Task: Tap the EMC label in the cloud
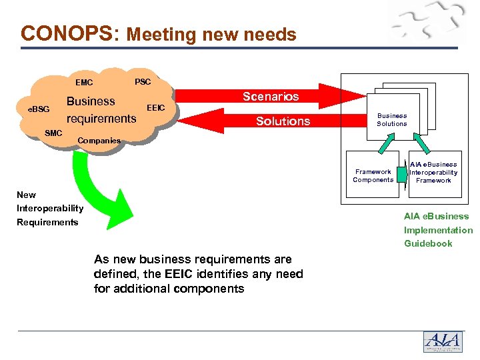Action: tap(84, 83)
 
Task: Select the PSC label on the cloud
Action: tap(143, 82)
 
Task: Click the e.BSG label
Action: tap(38, 109)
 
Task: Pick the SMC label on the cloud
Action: tap(53, 133)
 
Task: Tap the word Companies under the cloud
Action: tap(99, 141)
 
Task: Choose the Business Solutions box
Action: tap(391, 119)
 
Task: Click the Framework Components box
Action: tap(373, 175)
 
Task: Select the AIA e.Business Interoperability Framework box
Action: tap(433, 173)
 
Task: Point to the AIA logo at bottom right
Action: tap(442, 341)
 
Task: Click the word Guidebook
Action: tap(428, 243)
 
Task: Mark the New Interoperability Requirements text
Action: tap(49, 209)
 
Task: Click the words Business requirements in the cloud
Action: tap(100, 110)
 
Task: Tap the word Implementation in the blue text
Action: tap(438, 230)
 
